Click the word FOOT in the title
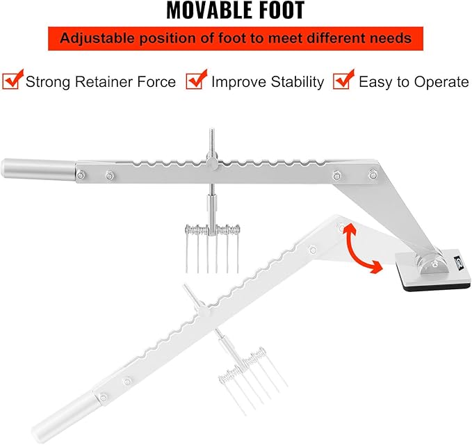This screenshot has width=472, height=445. tap(278, 10)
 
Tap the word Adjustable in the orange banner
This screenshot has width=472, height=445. tap(97, 38)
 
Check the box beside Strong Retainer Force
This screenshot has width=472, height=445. tap(11, 80)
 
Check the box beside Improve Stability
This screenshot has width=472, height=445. tap(195, 80)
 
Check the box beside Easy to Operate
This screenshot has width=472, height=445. tap(343, 80)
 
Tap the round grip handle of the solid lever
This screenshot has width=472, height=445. tap(38, 169)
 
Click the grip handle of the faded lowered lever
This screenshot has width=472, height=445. tap(65, 415)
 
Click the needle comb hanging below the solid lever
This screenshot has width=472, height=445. tap(212, 249)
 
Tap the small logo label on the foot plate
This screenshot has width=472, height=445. tap(459, 261)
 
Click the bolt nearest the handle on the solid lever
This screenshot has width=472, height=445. tap(81, 175)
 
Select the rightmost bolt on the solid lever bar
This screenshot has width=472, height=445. tap(373, 175)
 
